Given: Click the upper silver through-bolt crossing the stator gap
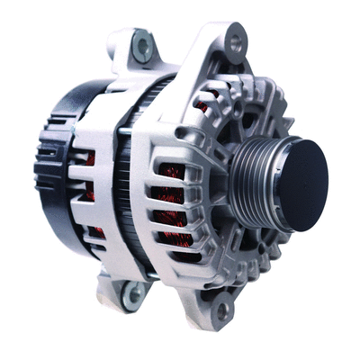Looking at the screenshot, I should pos(126,135).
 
